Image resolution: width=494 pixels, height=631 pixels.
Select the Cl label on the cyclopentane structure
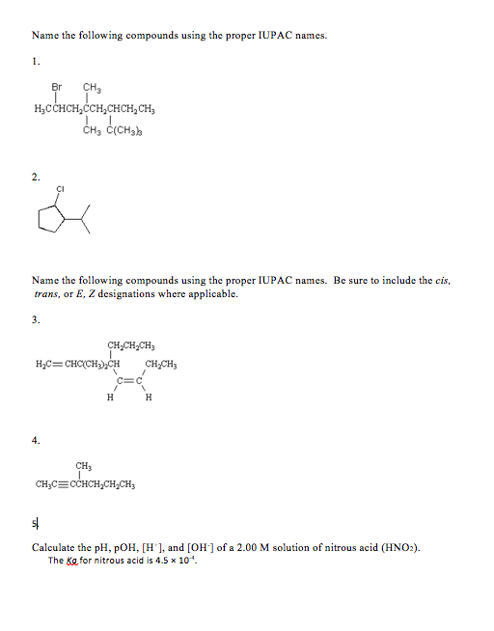click(x=60, y=188)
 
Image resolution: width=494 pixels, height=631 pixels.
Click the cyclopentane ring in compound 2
click(x=48, y=221)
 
